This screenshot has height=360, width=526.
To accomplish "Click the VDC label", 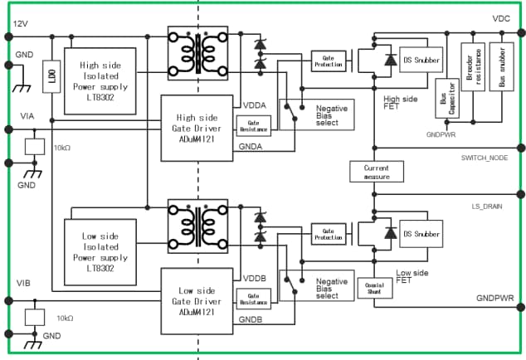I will point(501,18).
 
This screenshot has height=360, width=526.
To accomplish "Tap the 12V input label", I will point(21,25).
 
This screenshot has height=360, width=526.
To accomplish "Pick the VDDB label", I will point(254,277).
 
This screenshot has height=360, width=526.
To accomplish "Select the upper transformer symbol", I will point(198,51).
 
